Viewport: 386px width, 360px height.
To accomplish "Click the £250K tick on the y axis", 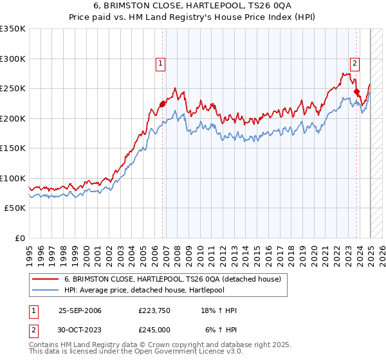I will (14, 88).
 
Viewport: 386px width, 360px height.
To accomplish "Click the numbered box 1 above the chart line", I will (160, 63).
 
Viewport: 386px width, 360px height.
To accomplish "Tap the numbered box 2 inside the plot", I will (354, 63).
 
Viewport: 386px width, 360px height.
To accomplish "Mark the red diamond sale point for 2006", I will (163, 104).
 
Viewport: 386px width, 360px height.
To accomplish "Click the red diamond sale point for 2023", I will (357, 92).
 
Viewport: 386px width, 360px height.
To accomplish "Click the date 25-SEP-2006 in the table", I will (80, 310).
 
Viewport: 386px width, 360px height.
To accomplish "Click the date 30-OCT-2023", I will (80, 330).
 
